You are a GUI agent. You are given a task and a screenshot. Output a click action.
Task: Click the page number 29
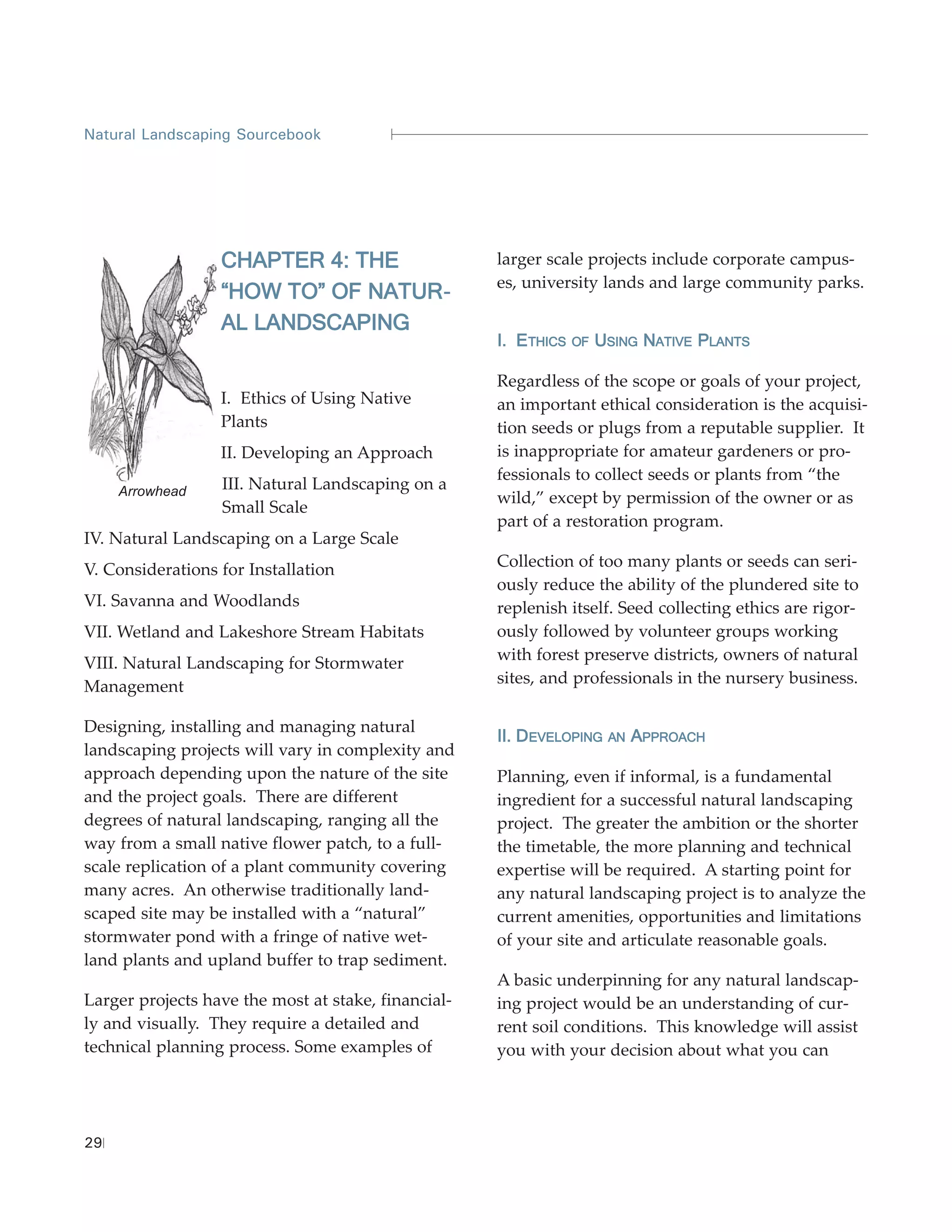93,1143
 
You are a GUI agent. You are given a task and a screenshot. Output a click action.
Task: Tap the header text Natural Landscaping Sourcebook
202,135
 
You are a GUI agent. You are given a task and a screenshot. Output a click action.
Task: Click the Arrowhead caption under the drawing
152,491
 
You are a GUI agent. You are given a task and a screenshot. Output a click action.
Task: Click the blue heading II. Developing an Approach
601,736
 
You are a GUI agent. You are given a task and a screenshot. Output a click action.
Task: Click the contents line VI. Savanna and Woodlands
192,601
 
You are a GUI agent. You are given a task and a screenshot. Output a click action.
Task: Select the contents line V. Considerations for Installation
209,570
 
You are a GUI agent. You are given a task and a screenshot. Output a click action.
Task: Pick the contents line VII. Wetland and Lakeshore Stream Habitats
254,632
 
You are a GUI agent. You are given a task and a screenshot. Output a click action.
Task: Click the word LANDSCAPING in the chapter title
331,323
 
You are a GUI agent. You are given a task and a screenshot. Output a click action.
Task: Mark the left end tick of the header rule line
392,134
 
